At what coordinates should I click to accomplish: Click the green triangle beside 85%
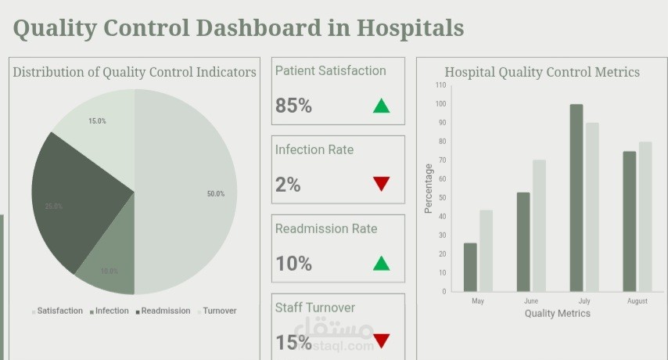pos(381,106)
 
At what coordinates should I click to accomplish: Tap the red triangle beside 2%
pos(381,184)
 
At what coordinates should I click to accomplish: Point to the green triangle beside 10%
pos(381,263)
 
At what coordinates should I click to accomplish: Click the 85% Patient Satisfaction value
pos(293,106)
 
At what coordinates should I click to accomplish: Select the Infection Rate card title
pos(314,149)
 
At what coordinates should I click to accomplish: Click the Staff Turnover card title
pos(315,308)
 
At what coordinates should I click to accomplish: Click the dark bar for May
pos(470,267)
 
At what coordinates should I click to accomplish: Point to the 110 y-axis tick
pos(441,85)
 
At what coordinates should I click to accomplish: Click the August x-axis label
pos(637,301)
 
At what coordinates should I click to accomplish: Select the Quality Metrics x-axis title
pos(557,313)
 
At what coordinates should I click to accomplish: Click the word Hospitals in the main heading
pos(411,28)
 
